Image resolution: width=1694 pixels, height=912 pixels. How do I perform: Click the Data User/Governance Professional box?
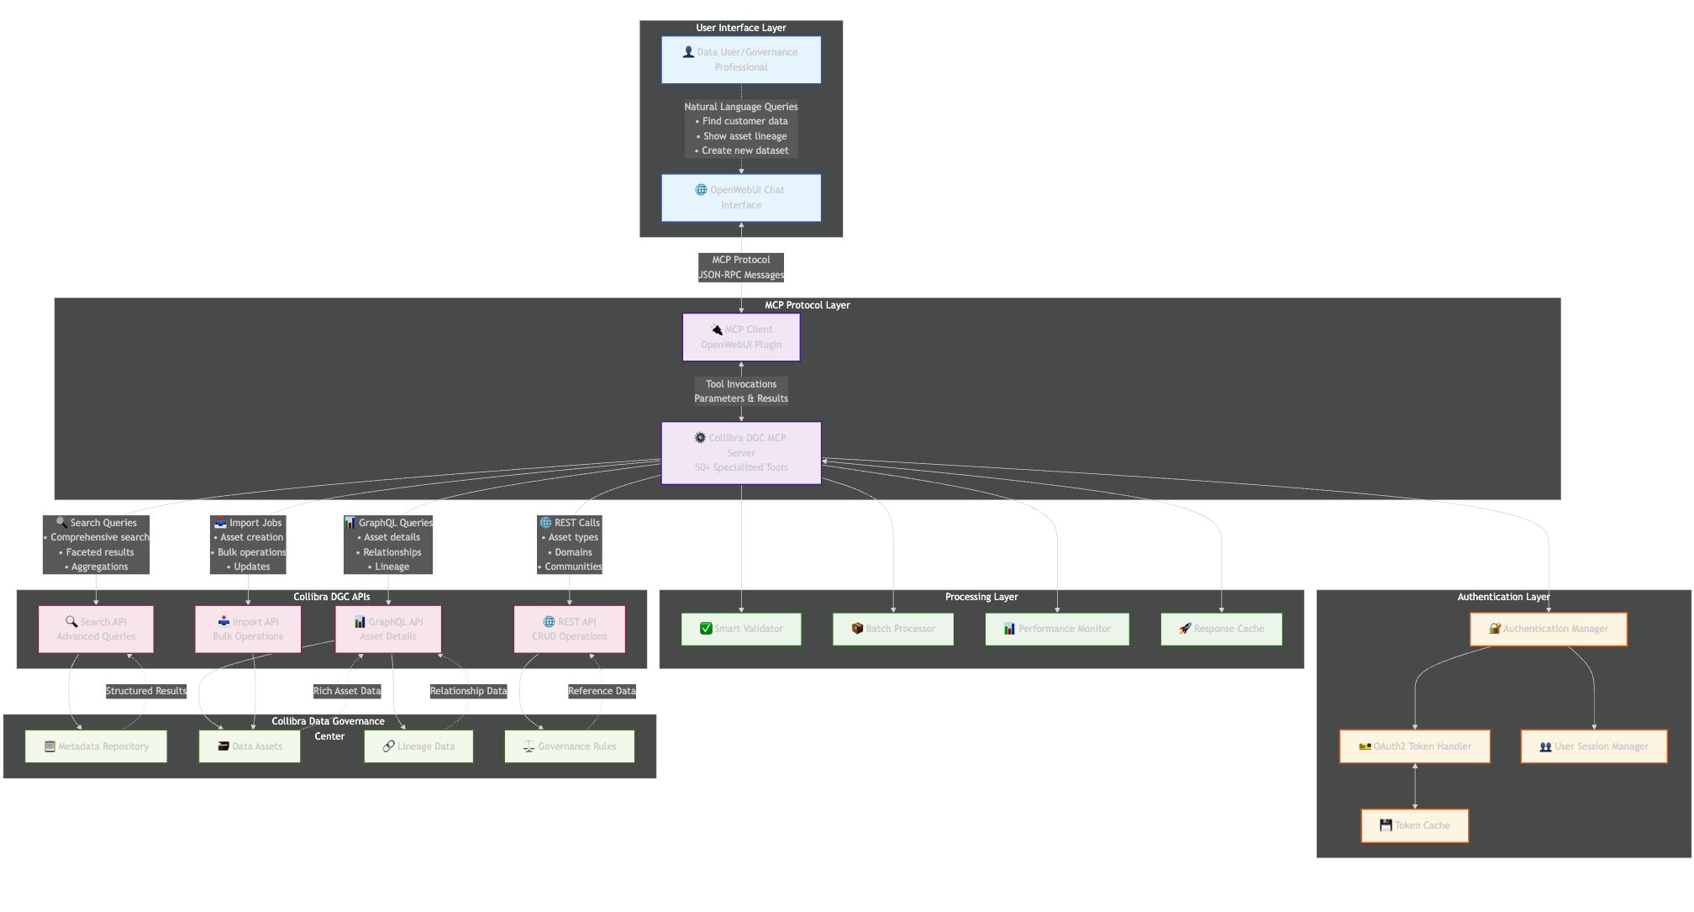click(740, 60)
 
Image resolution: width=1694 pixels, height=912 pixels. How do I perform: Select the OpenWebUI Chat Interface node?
click(740, 198)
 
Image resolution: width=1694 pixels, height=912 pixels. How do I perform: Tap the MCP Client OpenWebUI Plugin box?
click(740, 337)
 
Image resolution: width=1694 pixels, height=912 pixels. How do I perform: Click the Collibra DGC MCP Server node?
click(740, 453)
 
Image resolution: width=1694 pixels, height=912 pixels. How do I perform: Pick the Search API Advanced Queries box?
click(96, 629)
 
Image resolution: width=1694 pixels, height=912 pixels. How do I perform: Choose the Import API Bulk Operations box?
click(248, 629)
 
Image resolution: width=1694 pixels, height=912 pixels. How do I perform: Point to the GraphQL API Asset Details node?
click(388, 629)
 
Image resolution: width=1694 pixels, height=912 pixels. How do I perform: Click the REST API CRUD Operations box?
click(570, 629)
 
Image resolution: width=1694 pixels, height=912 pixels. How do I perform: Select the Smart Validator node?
click(740, 629)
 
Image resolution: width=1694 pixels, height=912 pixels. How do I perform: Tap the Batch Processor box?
click(892, 629)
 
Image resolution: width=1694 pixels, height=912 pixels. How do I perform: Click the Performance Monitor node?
click(1057, 629)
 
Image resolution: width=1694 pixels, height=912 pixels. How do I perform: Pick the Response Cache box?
click(1221, 629)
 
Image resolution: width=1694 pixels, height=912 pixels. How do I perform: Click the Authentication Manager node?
click(1548, 629)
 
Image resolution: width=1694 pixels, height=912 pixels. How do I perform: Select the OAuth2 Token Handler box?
click(1414, 746)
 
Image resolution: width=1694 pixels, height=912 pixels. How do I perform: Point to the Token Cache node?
click(1414, 825)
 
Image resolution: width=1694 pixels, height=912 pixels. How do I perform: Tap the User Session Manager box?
click(1593, 746)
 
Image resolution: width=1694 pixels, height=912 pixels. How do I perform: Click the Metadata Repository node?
click(96, 746)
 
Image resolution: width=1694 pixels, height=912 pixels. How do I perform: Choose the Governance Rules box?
click(569, 746)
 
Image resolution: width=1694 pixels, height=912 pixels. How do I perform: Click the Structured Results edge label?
click(146, 691)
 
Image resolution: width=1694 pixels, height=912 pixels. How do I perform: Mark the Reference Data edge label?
click(602, 691)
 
